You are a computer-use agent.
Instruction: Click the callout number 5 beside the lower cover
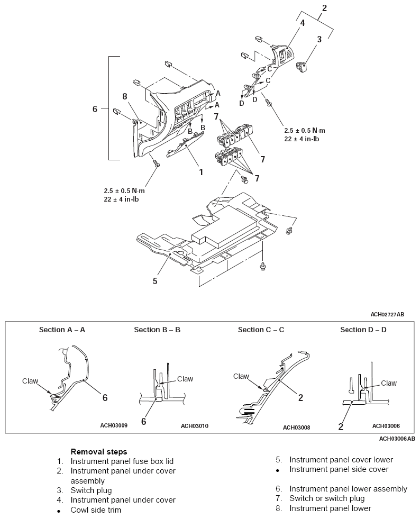click(155, 281)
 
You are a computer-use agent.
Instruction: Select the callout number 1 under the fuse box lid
click(201, 172)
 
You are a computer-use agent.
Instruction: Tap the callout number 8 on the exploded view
click(125, 96)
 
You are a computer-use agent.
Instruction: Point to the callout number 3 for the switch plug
click(319, 39)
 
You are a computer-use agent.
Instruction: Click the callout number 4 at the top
click(302, 23)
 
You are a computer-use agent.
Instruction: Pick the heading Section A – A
click(62, 330)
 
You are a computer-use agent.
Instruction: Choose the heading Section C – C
click(261, 330)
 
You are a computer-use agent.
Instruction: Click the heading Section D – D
click(363, 330)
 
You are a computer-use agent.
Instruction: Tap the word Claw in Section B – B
click(185, 379)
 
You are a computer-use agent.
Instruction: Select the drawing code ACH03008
click(297, 427)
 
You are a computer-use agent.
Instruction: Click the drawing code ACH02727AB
click(387, 314)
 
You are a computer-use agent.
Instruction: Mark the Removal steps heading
click(99, 452)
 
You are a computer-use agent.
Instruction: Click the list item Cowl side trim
click(96, 509)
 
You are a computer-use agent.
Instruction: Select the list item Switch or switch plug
click(327, 498)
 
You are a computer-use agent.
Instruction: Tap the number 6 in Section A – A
click(105, 397)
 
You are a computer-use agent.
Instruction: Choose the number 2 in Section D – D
click(341, 426)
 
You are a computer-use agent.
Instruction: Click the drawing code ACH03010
click(195, 426)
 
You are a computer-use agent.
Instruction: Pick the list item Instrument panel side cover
click(339, 469)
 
